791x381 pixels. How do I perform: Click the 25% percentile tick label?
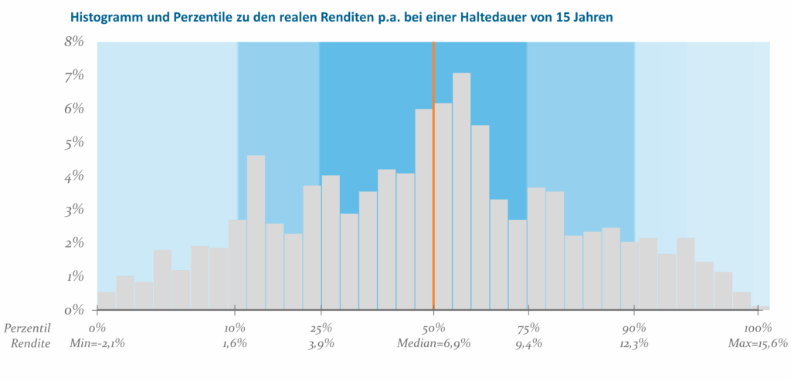[321, 328]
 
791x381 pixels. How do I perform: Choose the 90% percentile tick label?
[634, 328]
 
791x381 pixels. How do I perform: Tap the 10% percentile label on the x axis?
[235, 328]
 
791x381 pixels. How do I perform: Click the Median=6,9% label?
[433, 343]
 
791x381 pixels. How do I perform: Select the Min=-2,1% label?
[98, 343]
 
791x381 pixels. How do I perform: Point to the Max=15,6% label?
[757, 343]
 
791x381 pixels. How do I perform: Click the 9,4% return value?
[528, 343]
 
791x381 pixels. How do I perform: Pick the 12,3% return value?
[634, 343]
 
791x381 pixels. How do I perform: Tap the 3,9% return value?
[321, 343]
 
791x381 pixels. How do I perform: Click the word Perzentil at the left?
[27, 328]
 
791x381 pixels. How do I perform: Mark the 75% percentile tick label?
[528, 328]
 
